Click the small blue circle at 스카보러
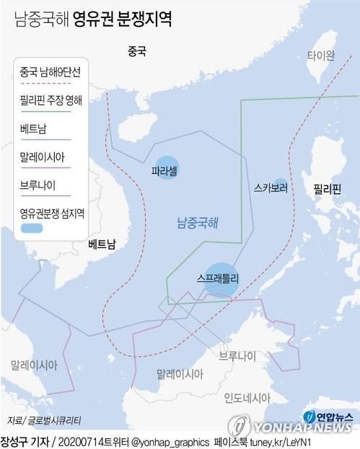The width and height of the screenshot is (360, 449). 280,187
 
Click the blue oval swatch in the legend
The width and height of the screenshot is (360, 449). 32,228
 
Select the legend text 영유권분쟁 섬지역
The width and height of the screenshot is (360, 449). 52,213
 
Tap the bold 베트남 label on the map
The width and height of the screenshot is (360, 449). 101,244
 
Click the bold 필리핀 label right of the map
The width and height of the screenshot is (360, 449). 327,190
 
